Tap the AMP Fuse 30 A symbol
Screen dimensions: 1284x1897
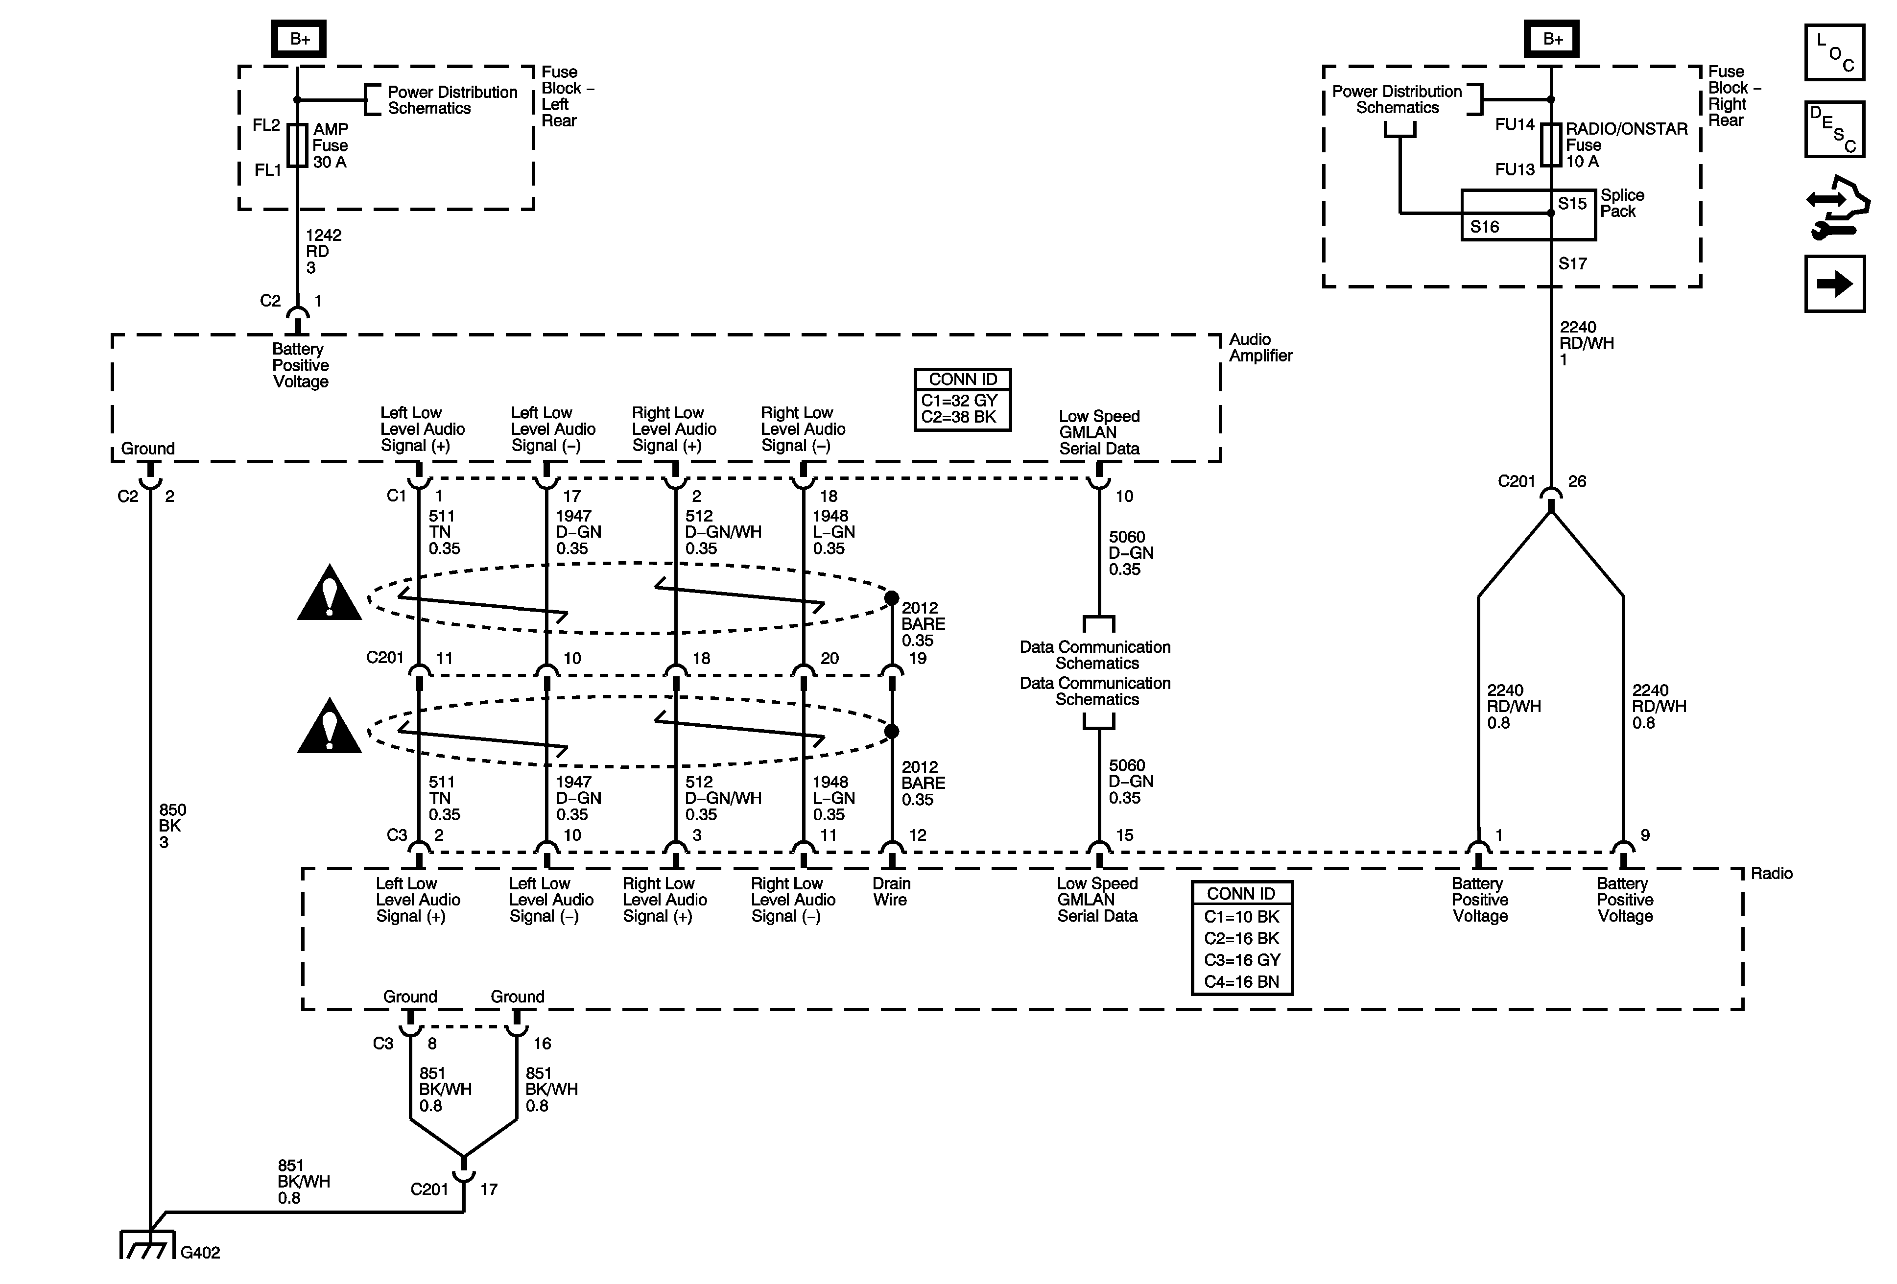tap(298, 145)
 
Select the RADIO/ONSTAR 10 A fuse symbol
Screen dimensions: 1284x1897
tap(1551, 145)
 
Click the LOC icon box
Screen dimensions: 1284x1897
tap(1834, 52)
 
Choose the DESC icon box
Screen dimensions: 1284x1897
tap(1834, 129)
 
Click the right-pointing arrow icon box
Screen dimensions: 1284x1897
tap(1834, 284)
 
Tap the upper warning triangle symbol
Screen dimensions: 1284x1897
tap(329, 594)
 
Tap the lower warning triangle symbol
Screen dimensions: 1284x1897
tap(329, 727)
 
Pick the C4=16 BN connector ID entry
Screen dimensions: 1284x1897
tap(1241, 982)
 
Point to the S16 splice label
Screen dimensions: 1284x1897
tap(1484, 227)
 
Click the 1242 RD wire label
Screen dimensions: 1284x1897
tap(323, 251)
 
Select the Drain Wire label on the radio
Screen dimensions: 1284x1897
tap(891, 891)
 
